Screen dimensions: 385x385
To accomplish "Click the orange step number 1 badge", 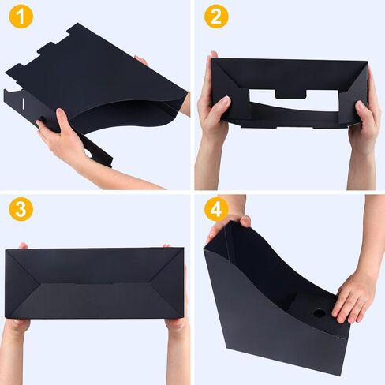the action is coord(21,17).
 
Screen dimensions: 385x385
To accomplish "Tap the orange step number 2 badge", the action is coord(216,17).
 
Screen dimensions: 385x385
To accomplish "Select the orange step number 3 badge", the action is coord(21,209).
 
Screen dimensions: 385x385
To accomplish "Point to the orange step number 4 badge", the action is coord(216,209).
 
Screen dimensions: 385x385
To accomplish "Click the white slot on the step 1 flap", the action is coord(24,103).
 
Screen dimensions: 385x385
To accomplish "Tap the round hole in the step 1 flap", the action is coord(88,154).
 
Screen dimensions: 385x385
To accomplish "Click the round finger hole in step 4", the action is coord(320,313).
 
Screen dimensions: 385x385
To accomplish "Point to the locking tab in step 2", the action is coord(290,94).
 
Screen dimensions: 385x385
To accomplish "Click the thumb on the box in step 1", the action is coord(62,118).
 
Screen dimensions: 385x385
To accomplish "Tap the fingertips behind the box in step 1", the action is coord(141,61).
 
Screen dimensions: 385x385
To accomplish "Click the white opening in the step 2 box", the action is coord(293,101).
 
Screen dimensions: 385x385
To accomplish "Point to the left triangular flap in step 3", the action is coord(21,283).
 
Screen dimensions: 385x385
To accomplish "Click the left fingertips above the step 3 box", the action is coord(23,246).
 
